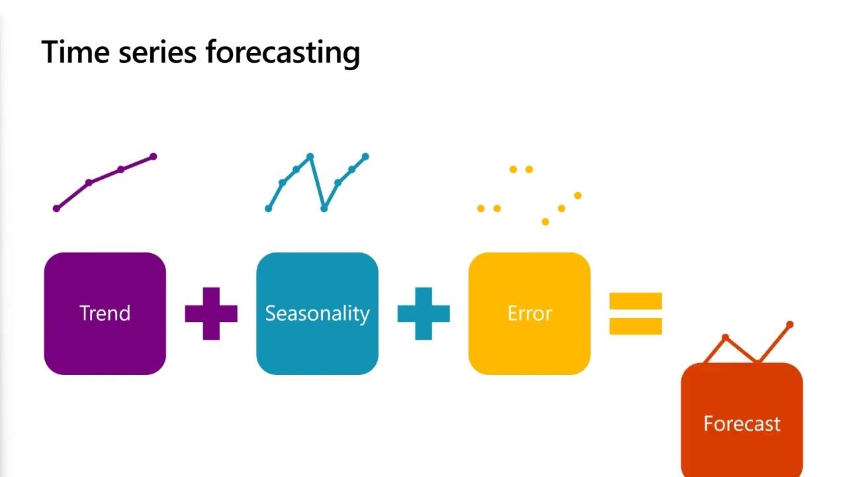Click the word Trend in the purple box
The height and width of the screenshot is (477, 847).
105,313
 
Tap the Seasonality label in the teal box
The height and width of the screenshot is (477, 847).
317,313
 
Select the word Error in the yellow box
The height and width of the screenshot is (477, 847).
529,313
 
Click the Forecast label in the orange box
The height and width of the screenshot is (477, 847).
742,423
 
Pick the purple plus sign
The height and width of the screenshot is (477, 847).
211,313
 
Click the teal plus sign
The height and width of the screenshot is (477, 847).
423,313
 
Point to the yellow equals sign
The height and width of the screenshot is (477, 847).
635,313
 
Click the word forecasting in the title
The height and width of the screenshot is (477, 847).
283,52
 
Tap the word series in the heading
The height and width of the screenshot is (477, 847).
157,52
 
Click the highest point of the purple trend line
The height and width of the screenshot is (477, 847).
154,157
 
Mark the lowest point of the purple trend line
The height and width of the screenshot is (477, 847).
56,209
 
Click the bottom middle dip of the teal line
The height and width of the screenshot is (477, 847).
324,208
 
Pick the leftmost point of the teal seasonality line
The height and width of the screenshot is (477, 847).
268,209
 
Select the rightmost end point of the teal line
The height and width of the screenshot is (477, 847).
365,157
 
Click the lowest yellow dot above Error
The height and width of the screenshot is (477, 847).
545,222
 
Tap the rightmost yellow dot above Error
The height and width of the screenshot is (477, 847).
578,195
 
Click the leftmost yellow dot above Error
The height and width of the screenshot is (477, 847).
480,209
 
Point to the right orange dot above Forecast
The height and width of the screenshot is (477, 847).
789,325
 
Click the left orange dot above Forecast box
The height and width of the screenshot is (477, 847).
725,338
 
